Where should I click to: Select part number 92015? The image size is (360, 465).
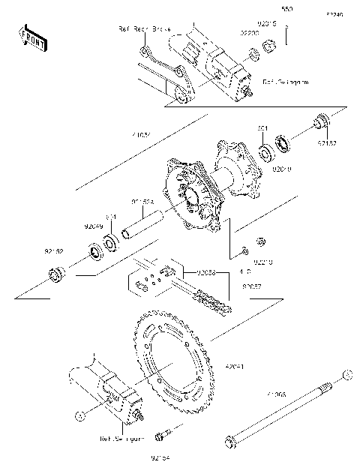(269, 24)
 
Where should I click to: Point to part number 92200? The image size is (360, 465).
(249, 34)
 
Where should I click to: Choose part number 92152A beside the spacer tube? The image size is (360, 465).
(142, 200)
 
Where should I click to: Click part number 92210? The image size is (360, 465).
(262, 262)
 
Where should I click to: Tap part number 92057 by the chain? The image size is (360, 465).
(251, 286)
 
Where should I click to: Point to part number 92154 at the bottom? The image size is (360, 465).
(161, 454)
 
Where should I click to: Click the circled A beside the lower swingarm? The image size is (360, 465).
(77, 412)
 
